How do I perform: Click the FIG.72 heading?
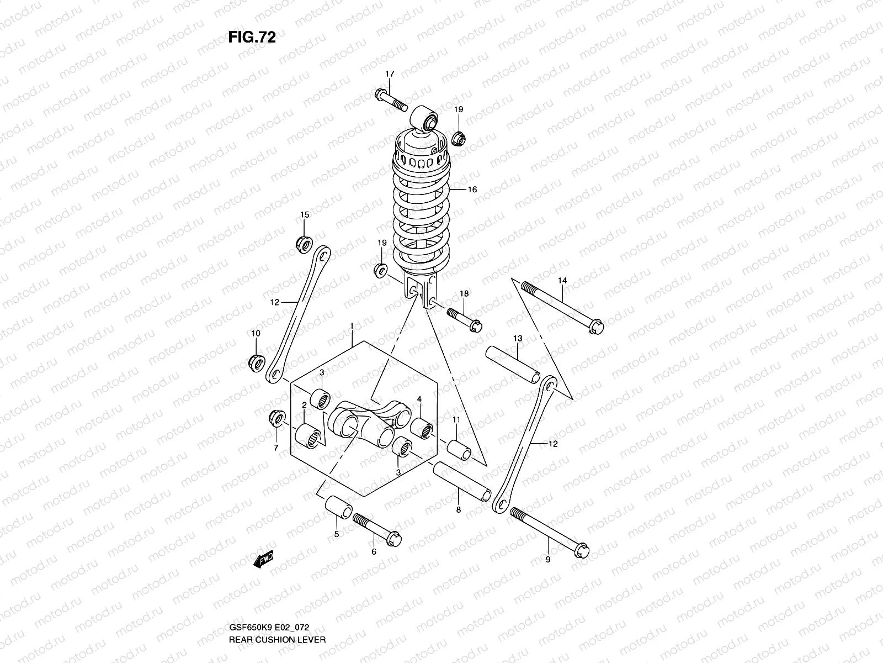point(252,37)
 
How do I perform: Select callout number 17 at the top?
point(390,74)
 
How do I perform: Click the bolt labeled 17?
point(390,100)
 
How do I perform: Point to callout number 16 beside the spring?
point(472,190)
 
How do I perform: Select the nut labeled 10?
point(256,362)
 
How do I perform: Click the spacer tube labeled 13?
point(513,365)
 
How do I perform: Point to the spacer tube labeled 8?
point(461,480)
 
